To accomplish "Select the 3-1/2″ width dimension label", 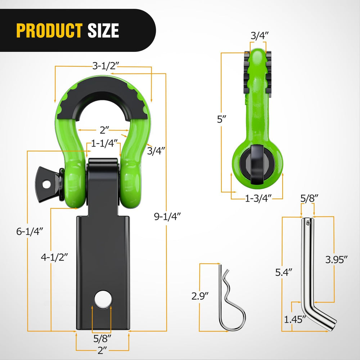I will click(x=105, y=66).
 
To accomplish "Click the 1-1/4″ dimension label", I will click(x=105, y=144).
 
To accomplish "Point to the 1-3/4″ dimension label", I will click(x=258, y=197).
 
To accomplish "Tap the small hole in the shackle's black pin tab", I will click(x=46, y=184).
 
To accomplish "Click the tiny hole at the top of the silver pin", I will click(x=308, y=223).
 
